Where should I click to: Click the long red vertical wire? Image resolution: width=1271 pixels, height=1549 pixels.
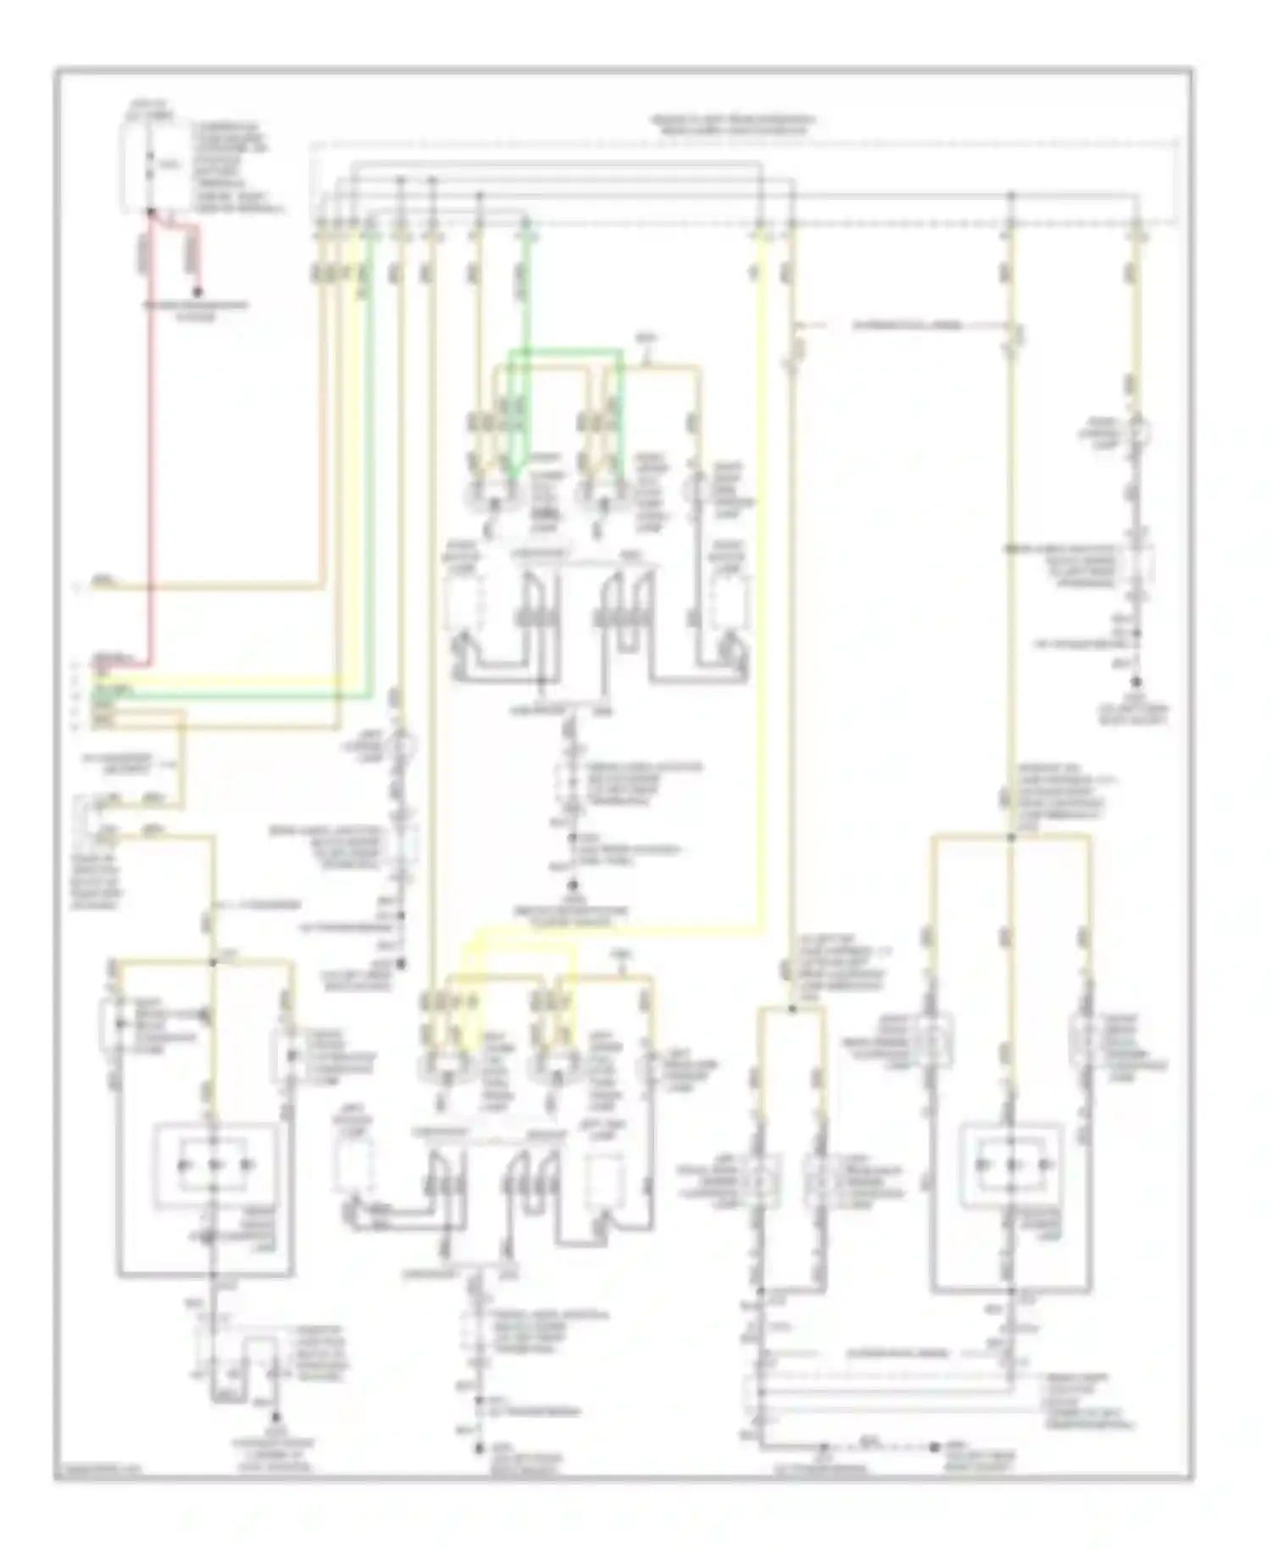coord(151,441)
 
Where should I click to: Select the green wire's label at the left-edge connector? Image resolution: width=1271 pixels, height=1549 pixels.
coord(102,691)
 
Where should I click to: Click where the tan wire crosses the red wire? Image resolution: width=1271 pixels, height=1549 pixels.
coord(151,586)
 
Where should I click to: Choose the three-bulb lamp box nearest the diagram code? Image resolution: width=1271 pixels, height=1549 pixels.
coord(213,1164)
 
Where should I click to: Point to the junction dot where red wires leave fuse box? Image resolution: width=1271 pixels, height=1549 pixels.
coord(151,212)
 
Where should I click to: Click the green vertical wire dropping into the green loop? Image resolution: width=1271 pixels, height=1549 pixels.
coord(526,288)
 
